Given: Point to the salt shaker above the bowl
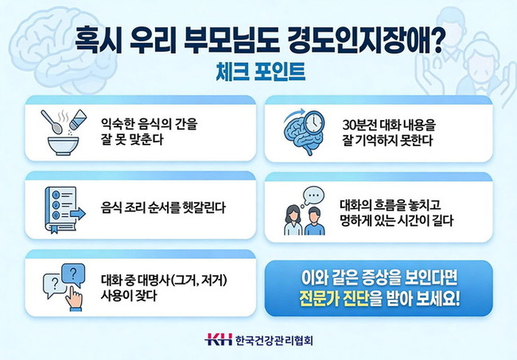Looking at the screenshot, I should [77, 120].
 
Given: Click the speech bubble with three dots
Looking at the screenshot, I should [311, 195].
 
